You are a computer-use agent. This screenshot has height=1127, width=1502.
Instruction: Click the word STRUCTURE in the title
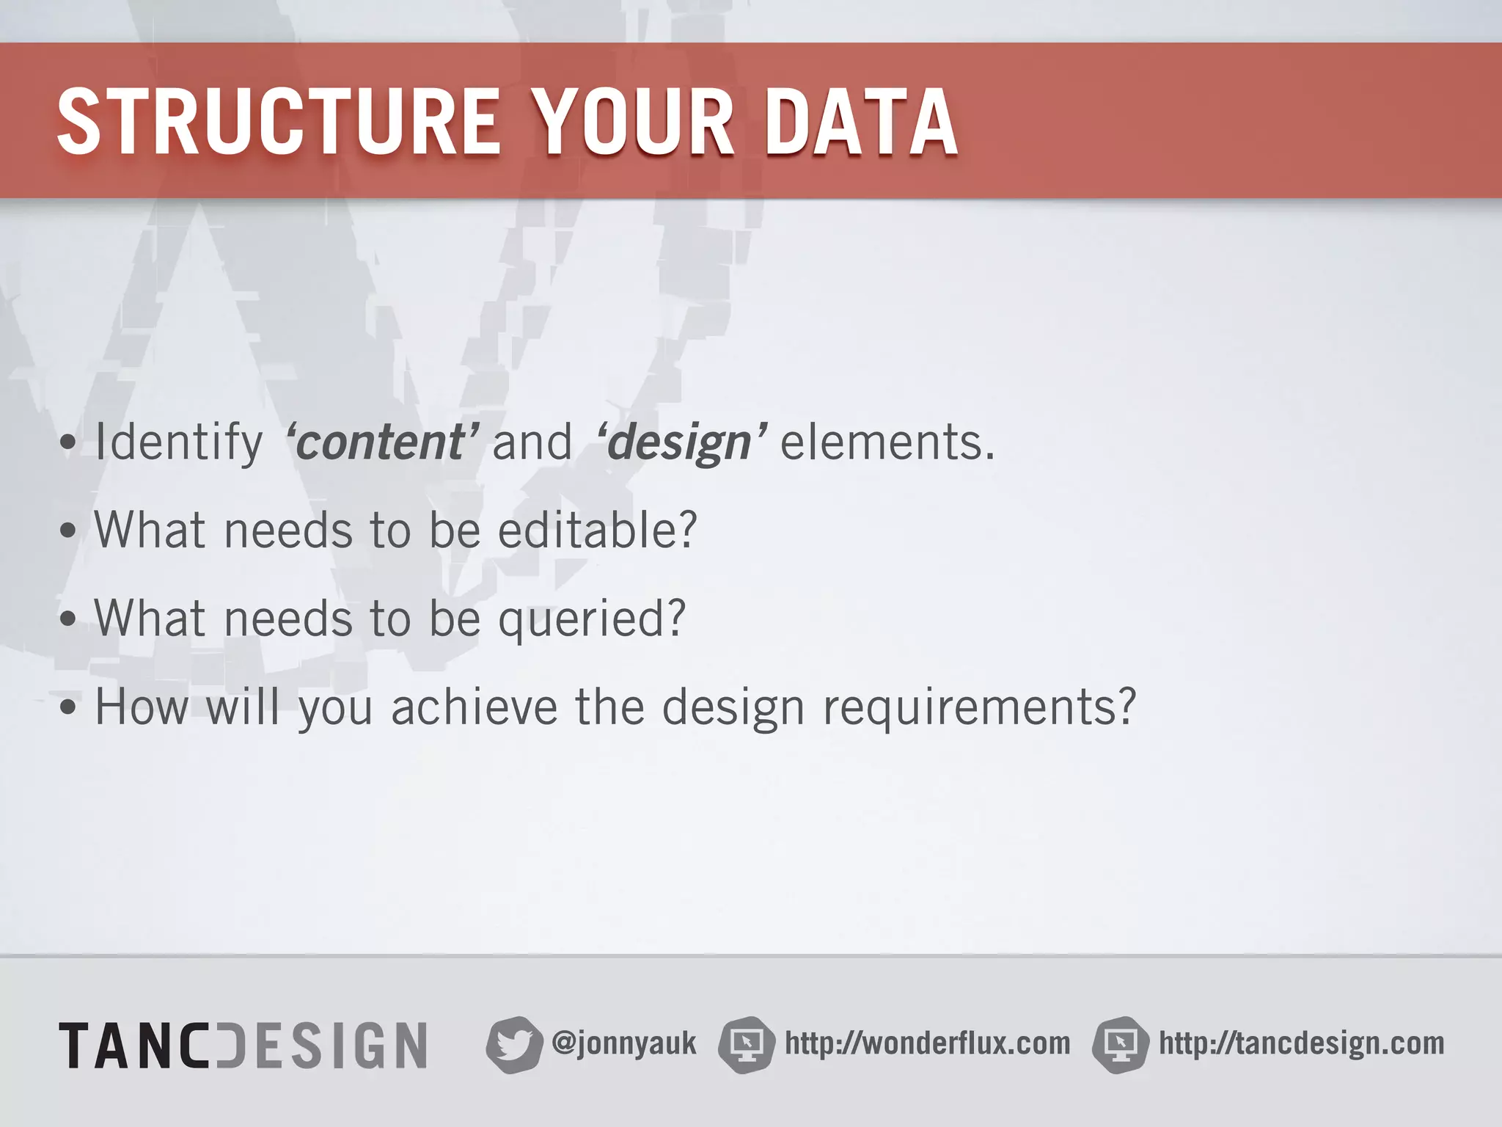(x=279, y=122)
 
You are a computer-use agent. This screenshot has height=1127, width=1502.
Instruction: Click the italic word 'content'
(x=382, y=442)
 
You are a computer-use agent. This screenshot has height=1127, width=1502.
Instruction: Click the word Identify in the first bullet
(x=179, y=442)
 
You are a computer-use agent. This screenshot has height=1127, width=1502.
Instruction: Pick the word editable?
(x=597, y=530)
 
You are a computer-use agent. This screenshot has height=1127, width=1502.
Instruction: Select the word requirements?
(x=979, y=708)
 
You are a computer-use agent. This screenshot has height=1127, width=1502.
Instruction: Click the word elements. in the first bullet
(x=887, y=442)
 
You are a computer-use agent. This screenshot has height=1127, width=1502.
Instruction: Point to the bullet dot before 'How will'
(x=68, y=709)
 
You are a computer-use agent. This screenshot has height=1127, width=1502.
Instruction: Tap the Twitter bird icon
(x=513, y=1045)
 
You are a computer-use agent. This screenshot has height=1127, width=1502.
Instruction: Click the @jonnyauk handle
(x=623, y=1043)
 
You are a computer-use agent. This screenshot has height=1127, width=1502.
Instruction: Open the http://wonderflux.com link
(x=927, y=1043)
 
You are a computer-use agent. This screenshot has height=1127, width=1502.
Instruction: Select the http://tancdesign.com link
(x=1301, y=1043)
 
